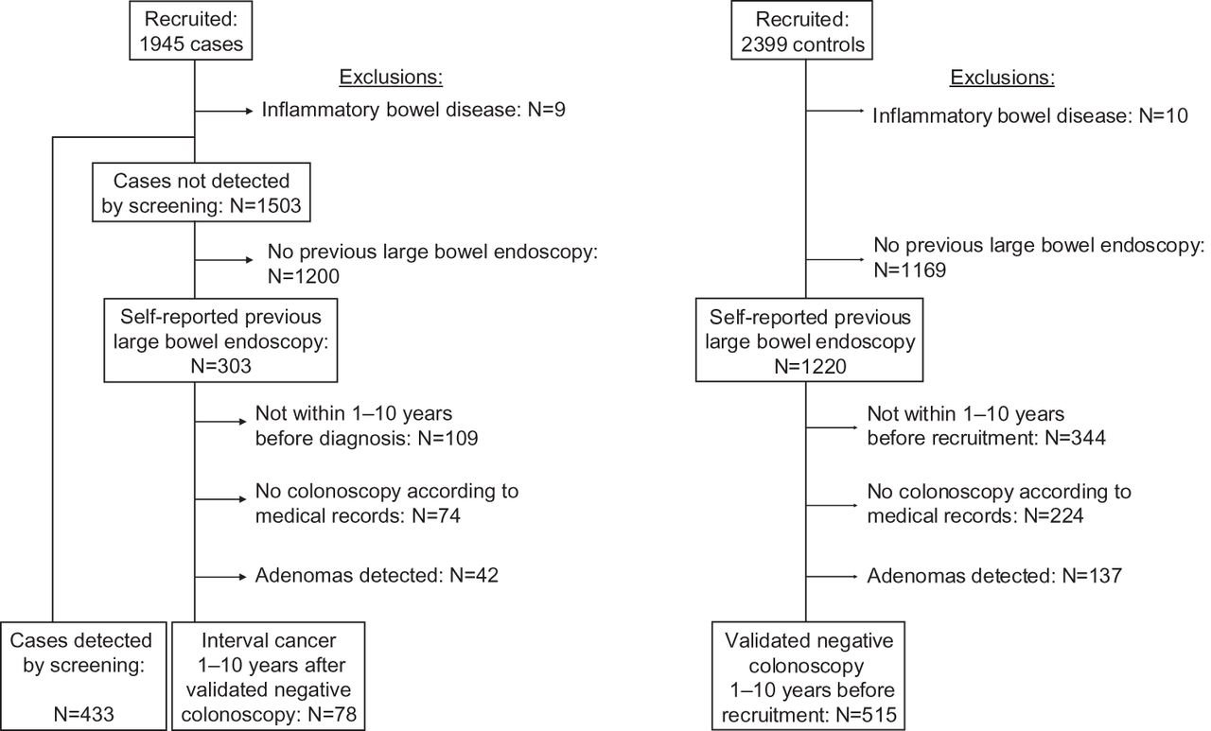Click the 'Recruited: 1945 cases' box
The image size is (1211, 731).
click(191, 30)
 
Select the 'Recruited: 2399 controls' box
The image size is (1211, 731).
click(801, 30)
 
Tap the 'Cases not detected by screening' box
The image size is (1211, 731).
click(202, 192)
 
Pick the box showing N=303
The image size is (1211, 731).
click(220, 340)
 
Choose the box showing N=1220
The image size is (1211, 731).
click(809, 340)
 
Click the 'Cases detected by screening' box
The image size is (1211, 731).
click(83, 676)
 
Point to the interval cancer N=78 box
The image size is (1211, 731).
click(268, 676)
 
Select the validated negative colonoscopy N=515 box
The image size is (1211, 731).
click(808, 676)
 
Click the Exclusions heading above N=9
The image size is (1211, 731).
click(391, 78)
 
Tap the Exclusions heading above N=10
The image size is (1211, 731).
click(1002, 78)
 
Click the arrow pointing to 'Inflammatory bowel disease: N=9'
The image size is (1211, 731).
click(224, 112)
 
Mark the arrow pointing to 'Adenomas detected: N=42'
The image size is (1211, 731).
click(220, 577)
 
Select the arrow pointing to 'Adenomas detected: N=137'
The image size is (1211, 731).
click(832, 577)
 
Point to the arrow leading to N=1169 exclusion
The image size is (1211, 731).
click(835, 259)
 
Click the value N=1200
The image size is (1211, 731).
click(304, 276)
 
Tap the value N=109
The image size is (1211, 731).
click(448, 438)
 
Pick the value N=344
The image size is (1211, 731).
click(1075, 438)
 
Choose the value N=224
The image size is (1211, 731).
click(1054, 515)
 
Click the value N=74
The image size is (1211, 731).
click(436, 515)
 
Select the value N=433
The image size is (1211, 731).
click(84, 714)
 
